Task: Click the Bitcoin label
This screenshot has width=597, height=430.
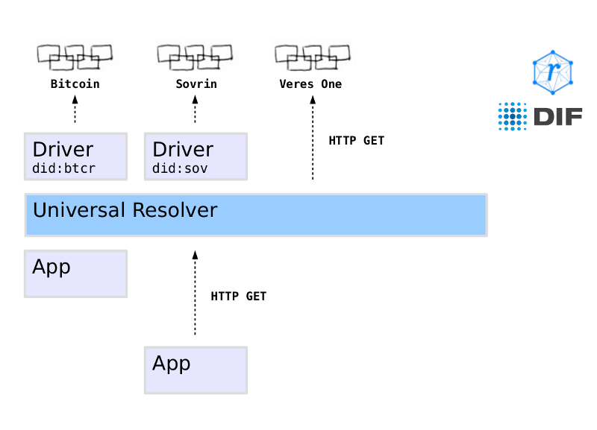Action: [x=75, y=84]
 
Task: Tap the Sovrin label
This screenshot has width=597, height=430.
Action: [x=195, y=84]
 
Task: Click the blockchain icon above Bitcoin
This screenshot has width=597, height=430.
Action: [x=75, y=56]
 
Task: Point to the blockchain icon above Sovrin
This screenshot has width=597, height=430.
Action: [x=195, y=56]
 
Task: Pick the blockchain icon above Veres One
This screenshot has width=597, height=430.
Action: [x=312, y=56]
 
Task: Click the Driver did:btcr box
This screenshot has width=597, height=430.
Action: [x=75, y=156]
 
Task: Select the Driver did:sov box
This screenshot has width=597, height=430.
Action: [x=196, y=156]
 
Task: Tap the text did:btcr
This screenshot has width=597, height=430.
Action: [x=64, y=169]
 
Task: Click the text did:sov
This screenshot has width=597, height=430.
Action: [x=180, y=169]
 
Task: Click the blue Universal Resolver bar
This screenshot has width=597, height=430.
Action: [x=256, y=215]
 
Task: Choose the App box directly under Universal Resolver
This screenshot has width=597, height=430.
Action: [x=75, y=274]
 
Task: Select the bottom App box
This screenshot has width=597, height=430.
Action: [x=196, y=370]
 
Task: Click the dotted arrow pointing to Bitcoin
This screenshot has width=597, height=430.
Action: [x=75, y=111]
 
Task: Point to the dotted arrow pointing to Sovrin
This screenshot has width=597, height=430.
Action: [x=195, y=111]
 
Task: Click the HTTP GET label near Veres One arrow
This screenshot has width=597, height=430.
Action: [x=357, y=140]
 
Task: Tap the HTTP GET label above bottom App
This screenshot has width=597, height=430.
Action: [x=239, y=297]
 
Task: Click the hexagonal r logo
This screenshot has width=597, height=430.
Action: [x=552, y=72]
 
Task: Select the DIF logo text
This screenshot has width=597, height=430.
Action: [x=556, y=117]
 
